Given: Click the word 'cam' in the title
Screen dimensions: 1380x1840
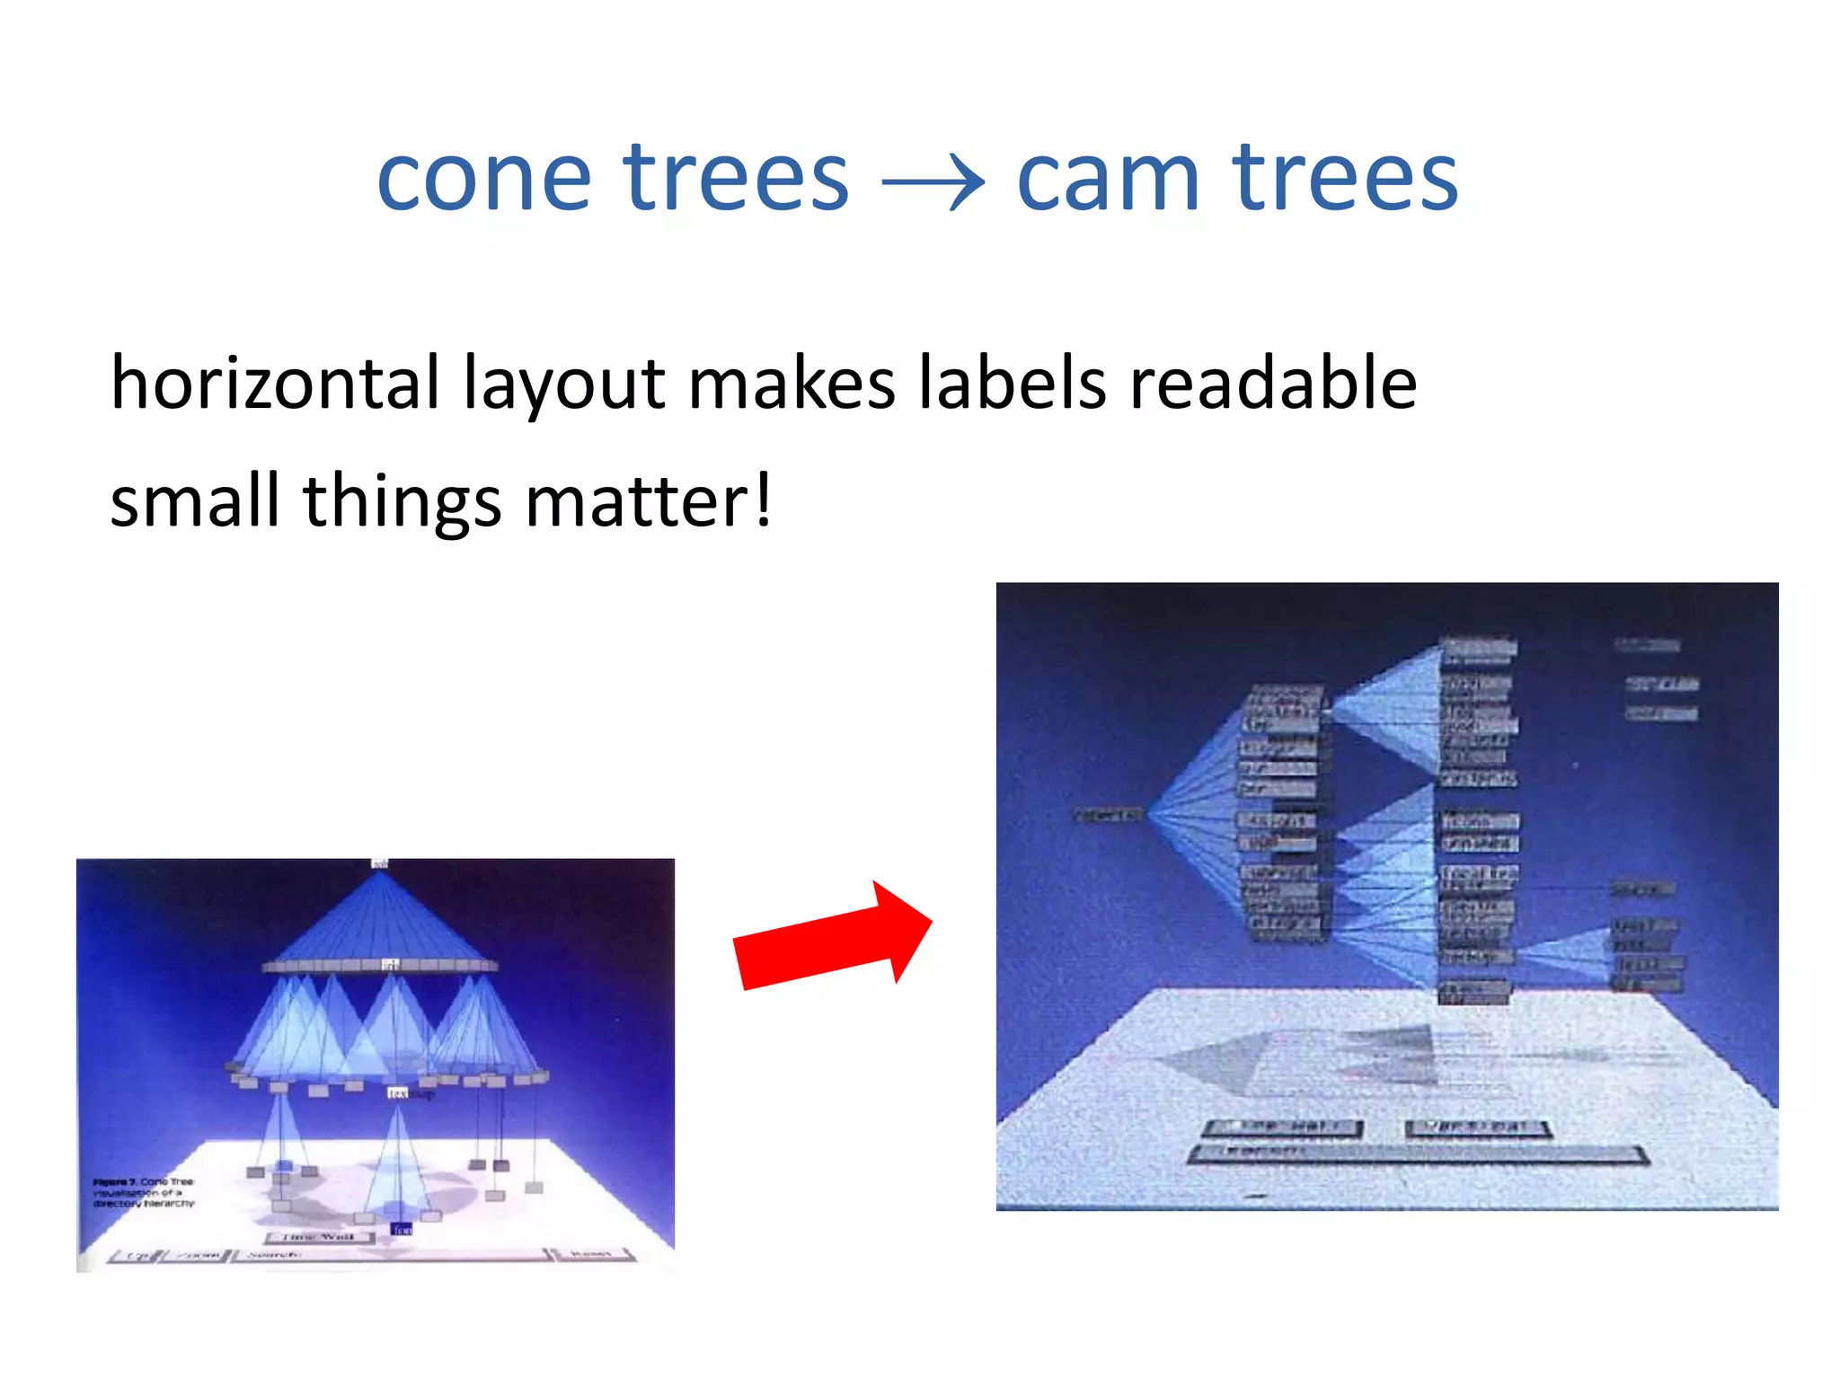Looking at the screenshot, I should click(1108, 180).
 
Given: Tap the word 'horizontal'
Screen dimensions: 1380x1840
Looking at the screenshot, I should click(275, 384).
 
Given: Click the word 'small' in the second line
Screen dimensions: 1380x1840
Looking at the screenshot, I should click(194, 501).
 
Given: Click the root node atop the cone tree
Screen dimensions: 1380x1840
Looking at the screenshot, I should click(380, 864).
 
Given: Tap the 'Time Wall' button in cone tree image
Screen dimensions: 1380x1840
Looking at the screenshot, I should click(319, 1237).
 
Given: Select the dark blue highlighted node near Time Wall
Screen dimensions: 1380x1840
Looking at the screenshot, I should click(401, 1228).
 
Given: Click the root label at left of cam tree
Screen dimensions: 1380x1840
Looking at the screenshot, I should click(1108, 815).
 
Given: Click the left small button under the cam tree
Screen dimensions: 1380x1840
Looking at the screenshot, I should click(1282, 1128).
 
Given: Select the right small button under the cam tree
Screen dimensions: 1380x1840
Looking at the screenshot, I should click(1479, 1128).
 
